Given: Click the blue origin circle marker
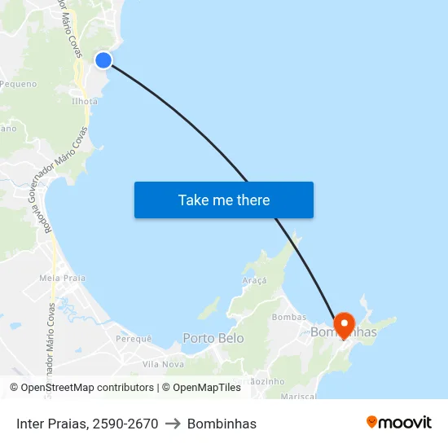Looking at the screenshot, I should click(103, 60).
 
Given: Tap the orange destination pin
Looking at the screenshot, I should click(344, 325).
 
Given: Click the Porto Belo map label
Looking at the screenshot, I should click(213, 338).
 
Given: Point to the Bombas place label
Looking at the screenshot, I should click(289, 317).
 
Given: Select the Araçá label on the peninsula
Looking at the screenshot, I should click(254, 279).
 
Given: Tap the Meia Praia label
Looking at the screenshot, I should click(62, 278).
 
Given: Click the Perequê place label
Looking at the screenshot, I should click(134, 338).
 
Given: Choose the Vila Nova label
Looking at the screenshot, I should click(163, 364).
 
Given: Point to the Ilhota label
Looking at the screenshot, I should click(85, 102).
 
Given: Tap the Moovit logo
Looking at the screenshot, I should click(399, 423).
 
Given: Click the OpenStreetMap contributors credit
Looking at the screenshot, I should click(81, 388).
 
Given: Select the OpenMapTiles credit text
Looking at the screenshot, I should click(201, 388).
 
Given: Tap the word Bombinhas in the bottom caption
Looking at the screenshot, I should click(222, 424).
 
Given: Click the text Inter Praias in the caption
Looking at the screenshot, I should click(51, 424).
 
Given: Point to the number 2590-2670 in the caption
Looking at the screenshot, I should click(125, 424).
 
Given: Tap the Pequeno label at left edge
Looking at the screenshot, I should click(18, 84).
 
